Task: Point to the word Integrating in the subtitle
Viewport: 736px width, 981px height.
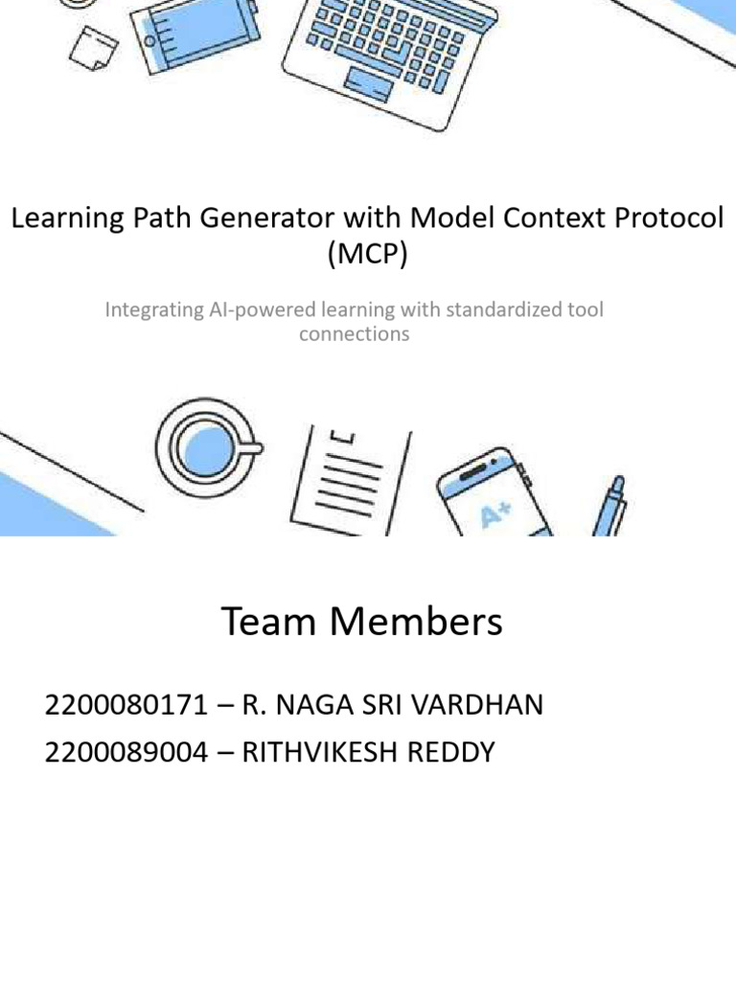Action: [x=152, y=310]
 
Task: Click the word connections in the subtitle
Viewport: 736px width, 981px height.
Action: [x=354, y=333]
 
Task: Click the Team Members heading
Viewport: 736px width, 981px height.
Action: [x=362, y=623]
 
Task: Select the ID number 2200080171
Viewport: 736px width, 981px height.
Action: [x=126, y=706]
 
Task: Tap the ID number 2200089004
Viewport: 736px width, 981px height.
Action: [x=126, y=753]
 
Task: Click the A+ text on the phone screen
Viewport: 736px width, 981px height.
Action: [x=496, y=516]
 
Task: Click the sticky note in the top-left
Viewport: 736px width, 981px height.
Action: [x=97, y=44]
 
